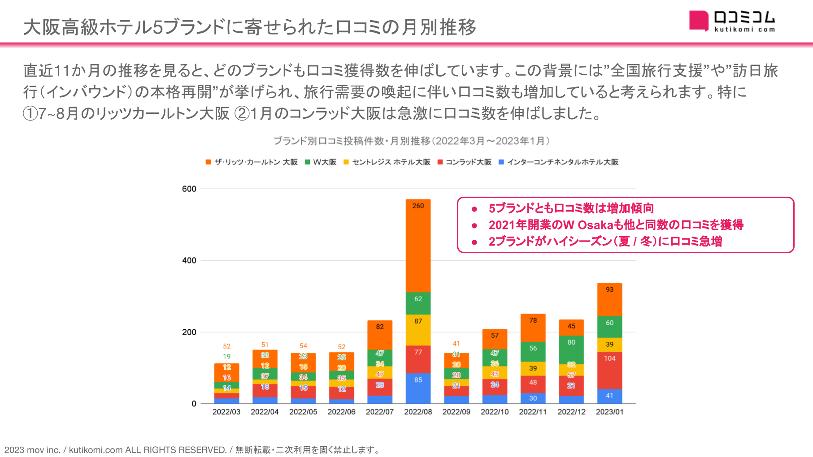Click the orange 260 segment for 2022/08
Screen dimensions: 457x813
click(x=418, y=246)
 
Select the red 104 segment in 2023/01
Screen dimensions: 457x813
click(x=609, y=370)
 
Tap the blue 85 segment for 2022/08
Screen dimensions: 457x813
click(x=418, y=388)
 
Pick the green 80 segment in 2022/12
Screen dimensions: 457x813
click(x=571, y=349)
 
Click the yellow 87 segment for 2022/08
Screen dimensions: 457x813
click(x=418, y=330)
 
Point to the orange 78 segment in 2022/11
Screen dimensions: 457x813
click(x=533, y=328)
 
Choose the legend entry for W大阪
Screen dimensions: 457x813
click(x=321, y=162)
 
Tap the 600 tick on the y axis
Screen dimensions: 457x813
click(x=189, y=189)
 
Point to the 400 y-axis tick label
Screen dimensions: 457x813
click(x=189, y=261)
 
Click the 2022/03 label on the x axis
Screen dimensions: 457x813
click(x=226, y=412)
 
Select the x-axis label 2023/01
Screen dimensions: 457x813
click(x=609, y=412)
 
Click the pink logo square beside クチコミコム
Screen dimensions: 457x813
click(x=698, y=21)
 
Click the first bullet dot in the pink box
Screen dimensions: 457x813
click(x=474, y=209)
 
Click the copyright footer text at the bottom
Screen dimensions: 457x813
click(x=192, y=450)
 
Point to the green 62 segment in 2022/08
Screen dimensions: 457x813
click(x=418, y=303)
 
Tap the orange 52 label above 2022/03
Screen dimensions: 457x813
click(x=227, y=346)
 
